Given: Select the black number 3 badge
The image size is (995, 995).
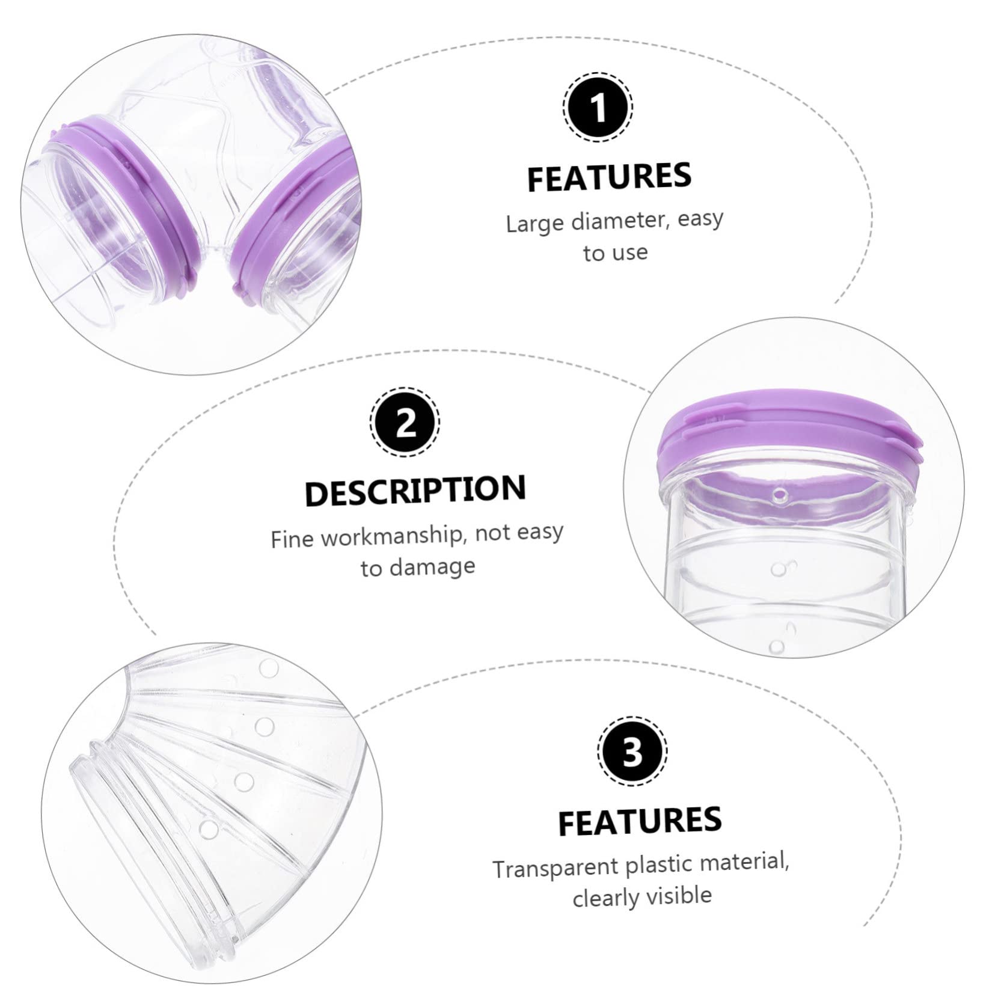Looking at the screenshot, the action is click(x=631, y=751).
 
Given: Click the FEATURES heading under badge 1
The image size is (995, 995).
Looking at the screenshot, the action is click(x=610, y=177).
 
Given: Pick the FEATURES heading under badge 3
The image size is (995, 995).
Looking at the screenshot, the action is click(x=640, y=821).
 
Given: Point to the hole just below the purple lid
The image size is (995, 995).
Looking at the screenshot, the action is click(x=780, y=497).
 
